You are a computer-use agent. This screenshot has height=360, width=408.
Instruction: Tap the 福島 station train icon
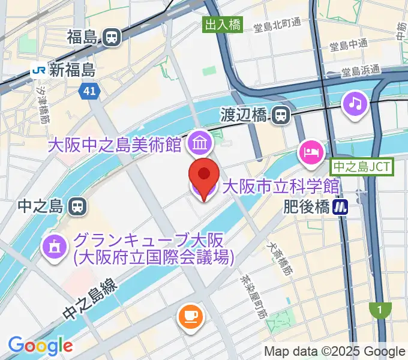112,38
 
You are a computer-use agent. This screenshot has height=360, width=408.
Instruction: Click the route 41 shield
88,91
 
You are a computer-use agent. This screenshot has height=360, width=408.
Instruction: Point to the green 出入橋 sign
223,25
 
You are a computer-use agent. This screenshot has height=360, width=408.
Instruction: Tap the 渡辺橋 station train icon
280,115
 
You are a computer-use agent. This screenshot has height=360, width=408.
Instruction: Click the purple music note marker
355,103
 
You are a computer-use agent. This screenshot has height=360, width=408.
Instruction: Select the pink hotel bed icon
310,151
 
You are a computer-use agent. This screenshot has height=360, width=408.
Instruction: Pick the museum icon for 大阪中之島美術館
197,143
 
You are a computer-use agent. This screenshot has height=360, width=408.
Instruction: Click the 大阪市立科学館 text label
281,187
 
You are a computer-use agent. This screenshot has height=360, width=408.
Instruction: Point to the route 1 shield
379,310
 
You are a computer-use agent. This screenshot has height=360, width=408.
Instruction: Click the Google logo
40,346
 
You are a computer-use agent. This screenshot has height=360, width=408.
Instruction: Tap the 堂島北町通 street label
277,26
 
